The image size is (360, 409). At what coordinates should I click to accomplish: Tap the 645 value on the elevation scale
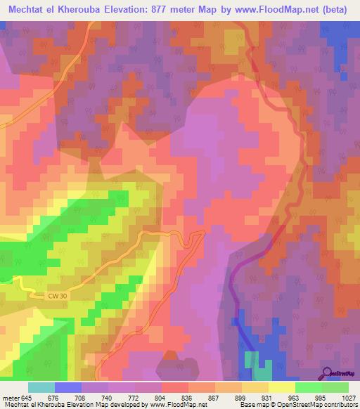click(27, 398)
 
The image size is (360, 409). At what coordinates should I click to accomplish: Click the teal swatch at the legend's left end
click(41, 387)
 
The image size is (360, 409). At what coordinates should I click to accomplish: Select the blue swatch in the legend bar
click(68, 387)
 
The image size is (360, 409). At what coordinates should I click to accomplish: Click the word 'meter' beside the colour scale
click(10, 398)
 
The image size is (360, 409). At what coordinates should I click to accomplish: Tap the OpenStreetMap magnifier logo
click(327, 373)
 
